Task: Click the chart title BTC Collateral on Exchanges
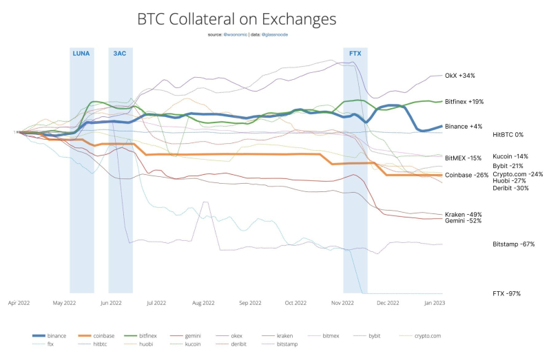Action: pos(236,19)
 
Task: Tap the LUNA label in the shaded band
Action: pos(81,53)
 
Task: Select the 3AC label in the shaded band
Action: pos(120,53)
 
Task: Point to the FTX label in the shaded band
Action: pos(355,53)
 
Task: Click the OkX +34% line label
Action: pos(460,76)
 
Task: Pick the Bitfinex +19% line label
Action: pos(464,101)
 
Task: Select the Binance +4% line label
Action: pos(464,127)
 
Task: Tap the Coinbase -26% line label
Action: pos(466,175)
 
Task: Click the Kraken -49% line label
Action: pos(464,214)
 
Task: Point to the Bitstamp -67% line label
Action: pos(514,244)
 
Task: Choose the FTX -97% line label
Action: pos(506,294)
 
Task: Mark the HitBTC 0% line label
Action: pos(508,135)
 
